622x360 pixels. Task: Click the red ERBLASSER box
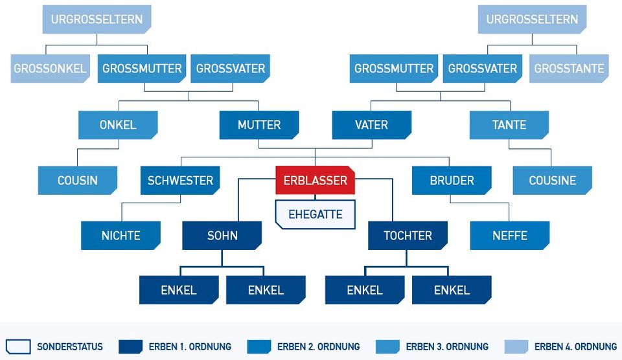316,180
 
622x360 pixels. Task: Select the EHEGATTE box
316,214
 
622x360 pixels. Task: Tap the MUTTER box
259,125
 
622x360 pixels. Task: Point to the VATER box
372,125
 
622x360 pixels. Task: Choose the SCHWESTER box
180,181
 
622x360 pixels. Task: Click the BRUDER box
452,181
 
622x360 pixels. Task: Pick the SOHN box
222,236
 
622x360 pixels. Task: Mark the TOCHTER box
408,236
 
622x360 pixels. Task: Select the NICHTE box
121,236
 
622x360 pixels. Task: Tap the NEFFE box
510,236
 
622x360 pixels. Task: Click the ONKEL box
118,125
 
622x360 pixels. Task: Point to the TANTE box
509,125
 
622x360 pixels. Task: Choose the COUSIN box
77,181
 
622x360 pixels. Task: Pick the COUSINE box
553,181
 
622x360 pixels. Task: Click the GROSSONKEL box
50,69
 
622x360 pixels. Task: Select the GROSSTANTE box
570,69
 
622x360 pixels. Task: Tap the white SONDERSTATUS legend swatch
18,346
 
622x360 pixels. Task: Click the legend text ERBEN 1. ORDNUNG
190,346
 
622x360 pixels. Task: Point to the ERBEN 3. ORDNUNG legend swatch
387,346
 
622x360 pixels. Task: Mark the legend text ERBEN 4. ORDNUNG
575,346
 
